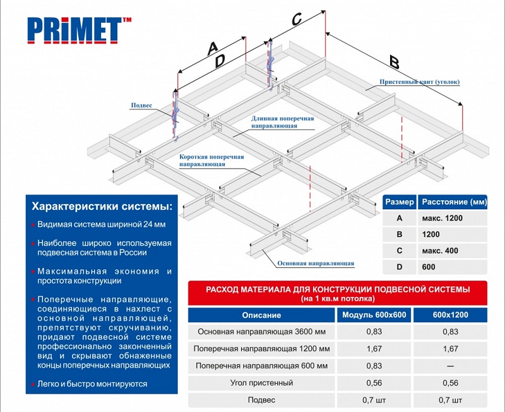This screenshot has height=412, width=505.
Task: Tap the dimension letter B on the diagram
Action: click(x=394, y=63)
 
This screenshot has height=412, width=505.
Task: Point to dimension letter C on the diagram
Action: click(x=296, y=19)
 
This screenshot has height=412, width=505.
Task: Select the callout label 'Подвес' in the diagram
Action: click(x=141, y=106)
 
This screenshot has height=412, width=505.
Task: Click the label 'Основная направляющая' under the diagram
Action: click(x=315, y=263)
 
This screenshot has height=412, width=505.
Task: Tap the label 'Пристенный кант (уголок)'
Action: click(x=420, y=82)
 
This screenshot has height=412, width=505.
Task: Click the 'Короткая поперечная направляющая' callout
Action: click(x=211, y=160)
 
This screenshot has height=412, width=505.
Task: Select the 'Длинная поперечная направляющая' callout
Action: click(x=283, y=122)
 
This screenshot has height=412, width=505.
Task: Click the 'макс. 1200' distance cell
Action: click(x=444, y=218)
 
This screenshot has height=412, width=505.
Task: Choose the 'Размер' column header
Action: click(x=399, y=202)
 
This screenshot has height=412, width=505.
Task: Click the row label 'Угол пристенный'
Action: click(x=263, y=382)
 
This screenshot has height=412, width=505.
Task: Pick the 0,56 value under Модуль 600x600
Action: click(x=374, y=382)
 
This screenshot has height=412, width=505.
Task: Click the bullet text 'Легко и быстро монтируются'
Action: click(x=92, y=384)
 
